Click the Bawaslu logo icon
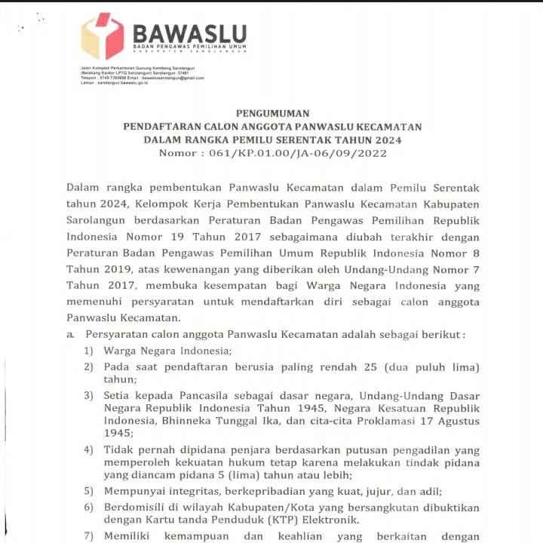pos(103,35)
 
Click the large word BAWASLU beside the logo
pos(189,33)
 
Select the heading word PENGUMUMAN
pos(262,113)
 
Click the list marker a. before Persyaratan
pos(70,334)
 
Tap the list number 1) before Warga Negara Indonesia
pos(89,351)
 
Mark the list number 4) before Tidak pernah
pos(89,449)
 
